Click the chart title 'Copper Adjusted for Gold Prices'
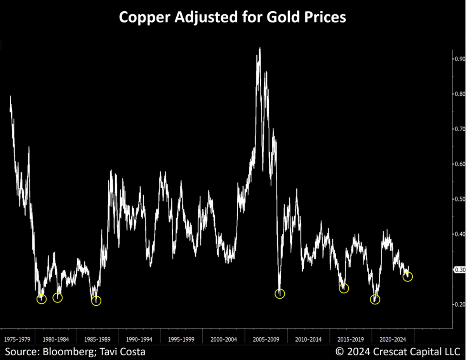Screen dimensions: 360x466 (232, 17)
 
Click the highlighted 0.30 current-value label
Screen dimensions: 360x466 (460, 270)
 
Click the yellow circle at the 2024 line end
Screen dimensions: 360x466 (408, 277)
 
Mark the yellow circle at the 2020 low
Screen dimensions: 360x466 (375, 300)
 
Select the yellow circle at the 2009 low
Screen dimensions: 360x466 (280, 294)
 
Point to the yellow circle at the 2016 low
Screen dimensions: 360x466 (344, 288)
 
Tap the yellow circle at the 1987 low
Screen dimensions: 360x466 (96, 301)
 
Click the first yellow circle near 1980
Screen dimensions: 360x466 (42, 299)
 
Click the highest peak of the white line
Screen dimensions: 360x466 (260, 48)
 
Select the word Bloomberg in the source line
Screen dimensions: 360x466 (69, 352)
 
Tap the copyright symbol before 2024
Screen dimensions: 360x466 (340, 352)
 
